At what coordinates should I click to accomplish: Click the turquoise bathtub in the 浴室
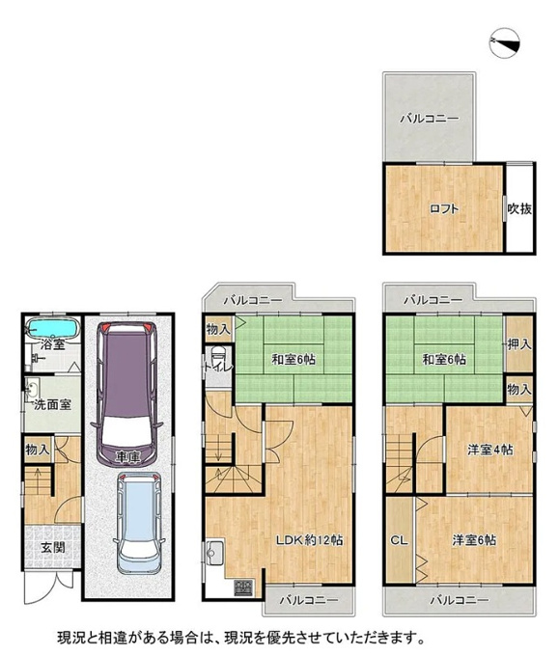(x=53, y=328)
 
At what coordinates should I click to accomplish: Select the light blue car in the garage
(x=139, y=523)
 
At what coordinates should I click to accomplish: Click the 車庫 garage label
(x=127, y=457)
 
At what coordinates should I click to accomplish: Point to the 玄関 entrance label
(x=53, y=547)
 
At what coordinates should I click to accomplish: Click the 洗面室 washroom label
(x=53, y=404)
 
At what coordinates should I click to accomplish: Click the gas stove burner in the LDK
(x=243, y=587)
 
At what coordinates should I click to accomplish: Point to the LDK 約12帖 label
(x=310, y=540)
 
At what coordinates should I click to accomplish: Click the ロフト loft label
(x=444, y=208)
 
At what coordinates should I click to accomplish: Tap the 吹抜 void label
(x=519, y=208)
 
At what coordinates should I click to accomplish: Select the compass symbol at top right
(x=505, y=43)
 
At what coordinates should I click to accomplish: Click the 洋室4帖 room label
(x=489, y=450)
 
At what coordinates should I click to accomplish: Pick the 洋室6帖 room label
(x=474, y=540)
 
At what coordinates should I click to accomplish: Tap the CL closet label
(x=399, y=540)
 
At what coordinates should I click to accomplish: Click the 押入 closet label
(x=519, y=344)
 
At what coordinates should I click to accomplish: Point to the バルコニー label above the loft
(x=430, y=119)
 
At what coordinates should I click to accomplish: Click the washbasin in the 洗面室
(x=32, y=389)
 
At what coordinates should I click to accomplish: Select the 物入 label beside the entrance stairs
(x=38, y=450)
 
